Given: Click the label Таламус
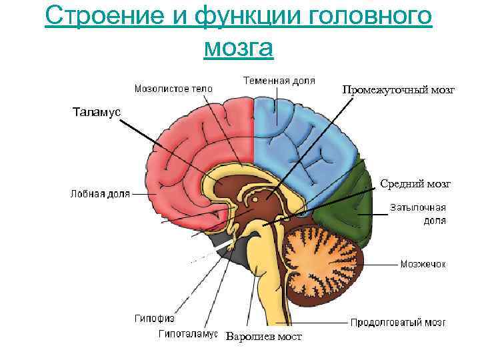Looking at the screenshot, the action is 97,112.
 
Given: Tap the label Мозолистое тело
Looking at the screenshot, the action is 173,88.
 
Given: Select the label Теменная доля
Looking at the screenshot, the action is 279,81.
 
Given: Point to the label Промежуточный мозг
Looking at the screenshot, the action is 399,89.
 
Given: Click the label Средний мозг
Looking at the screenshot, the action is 415,183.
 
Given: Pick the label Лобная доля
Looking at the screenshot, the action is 100,194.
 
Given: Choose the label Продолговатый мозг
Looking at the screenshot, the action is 398,323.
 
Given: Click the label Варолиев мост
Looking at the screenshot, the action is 263,337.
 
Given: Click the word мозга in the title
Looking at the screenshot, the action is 239,47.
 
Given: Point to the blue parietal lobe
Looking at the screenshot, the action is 300,147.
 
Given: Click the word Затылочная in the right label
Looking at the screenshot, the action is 417,208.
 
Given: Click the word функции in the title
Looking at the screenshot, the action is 240,16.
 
